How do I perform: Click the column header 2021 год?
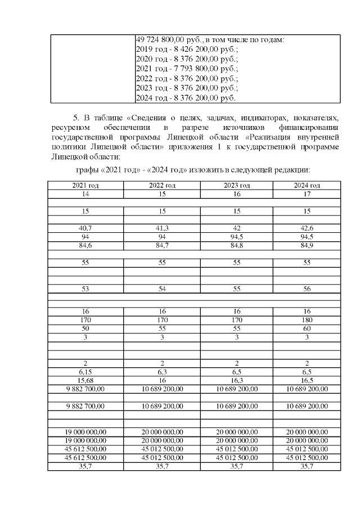pyautogui.click(x=85, y=186)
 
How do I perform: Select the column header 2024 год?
pyautogui.click(x=307, y=186)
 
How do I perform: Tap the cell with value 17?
pyautogui.click(x=307, y=194)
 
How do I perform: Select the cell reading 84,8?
pyautogui.click(x=236, y=245)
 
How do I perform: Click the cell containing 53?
pyautogui.click(x=85, y=289)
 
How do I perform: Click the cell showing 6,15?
pyautogui.click(x=85, y=372)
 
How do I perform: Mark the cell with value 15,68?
pyautogui.click(x=85, y=380)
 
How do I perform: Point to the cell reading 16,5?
pyautogui.click(x=307, y=380)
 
